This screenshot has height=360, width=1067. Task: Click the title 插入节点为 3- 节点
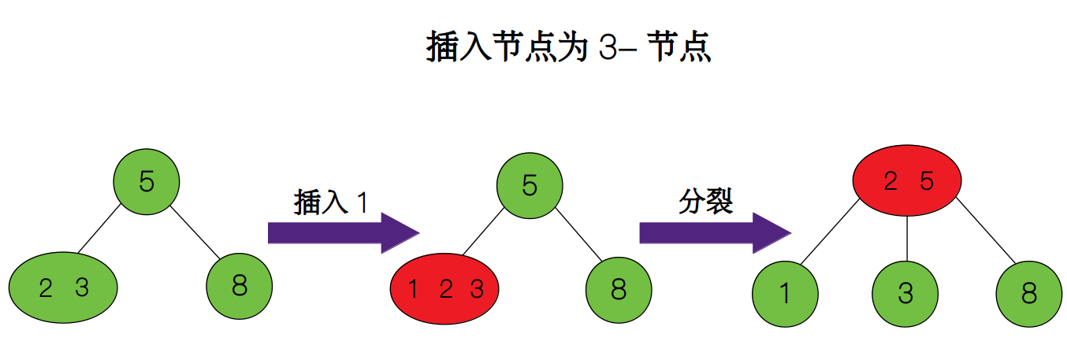(x=567, y=49)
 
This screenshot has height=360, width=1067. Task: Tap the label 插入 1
(x=330, y=202)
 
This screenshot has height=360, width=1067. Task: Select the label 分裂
(x=705, y=202)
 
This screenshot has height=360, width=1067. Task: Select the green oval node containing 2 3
(x=63, y=288)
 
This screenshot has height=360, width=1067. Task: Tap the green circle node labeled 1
(x=785, y=293)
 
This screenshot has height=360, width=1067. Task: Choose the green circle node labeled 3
(x=905, y=293)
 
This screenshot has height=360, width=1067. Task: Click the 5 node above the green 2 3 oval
(x=147, y=182)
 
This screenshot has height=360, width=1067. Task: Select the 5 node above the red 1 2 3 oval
(x=530, y=186)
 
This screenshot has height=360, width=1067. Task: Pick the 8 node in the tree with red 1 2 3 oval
(x=619, y=290)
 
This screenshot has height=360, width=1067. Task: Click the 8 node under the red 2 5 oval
(x=1028, y=293)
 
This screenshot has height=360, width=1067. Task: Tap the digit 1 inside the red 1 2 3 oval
(x=413, y=290)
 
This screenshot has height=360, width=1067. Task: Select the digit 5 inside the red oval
(x=927, y=182)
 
